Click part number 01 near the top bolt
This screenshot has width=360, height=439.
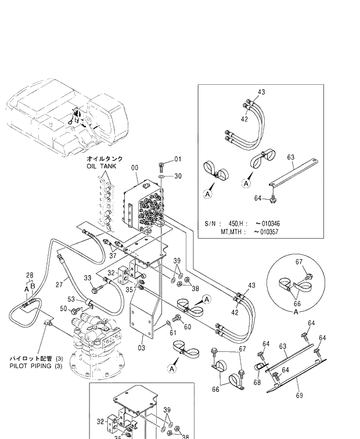(x=178, y=159)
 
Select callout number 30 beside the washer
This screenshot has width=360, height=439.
(x=178, y=177)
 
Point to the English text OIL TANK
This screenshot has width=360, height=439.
(x=102, y=166)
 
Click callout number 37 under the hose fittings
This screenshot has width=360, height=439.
(x=113, y=256)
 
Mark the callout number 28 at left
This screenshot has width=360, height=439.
(x=30, y=275)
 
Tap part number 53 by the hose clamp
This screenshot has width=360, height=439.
(x=72, y=299)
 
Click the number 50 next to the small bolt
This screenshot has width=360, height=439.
(x=64, y=308)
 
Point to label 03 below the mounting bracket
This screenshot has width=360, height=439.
(x=141, y=347)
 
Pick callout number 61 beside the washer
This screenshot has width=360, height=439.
(x=172, y=333)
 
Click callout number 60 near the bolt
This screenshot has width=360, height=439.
(x=187, y=326)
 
